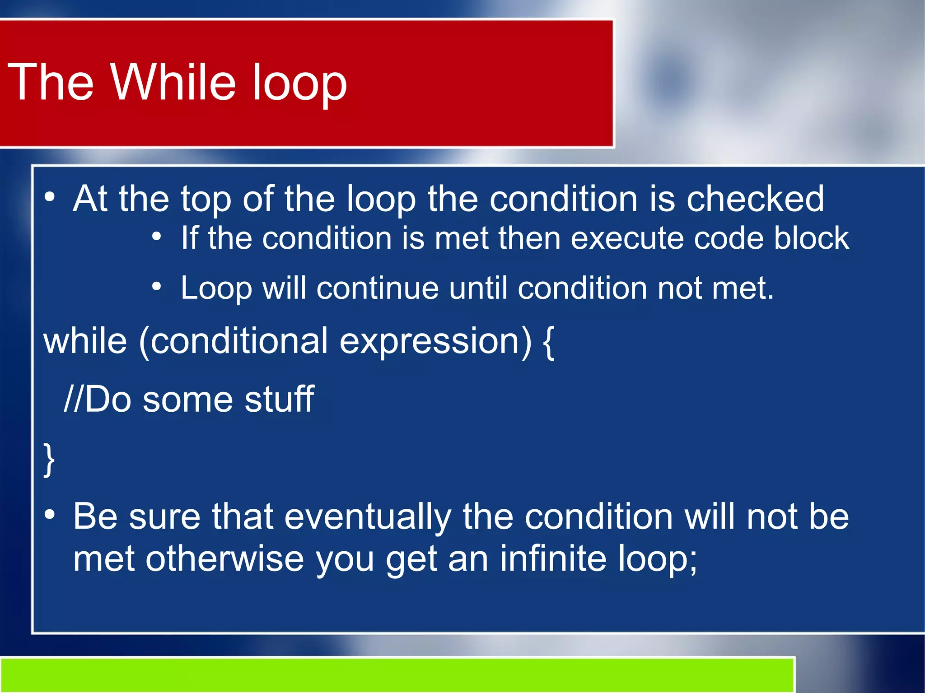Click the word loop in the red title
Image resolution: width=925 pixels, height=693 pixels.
(x=299, y=85)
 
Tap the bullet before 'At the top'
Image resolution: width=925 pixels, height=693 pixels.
(x=50, y=197)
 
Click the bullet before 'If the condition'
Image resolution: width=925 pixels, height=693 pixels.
(x=156, y=236)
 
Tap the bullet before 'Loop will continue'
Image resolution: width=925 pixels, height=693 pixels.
(x=156, y=286)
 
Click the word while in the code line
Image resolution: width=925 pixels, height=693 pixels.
(x=85, y=341)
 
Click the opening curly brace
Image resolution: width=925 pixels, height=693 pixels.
(x=548, y=343)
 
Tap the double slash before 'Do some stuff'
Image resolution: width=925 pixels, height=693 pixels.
(x=73, y=399)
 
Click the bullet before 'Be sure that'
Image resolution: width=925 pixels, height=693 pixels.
(x=50, y=515)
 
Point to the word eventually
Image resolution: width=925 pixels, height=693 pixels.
(x=368, y=517)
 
